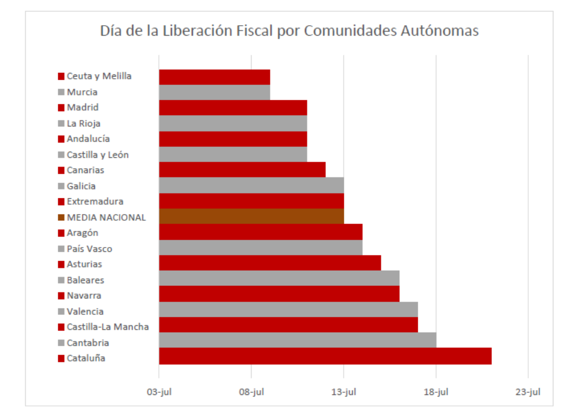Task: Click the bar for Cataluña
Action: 325,356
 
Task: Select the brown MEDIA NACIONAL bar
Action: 251,217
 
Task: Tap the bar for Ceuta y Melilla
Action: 214,77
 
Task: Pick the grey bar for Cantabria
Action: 297,340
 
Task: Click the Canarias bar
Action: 242,169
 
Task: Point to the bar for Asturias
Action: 269,263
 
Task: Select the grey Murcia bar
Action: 214,92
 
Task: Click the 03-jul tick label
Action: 159,392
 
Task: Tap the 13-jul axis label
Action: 343,392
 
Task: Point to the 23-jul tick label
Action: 528,392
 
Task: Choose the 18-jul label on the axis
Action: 436,392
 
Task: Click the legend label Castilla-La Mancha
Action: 107,327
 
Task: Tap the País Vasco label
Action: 89,249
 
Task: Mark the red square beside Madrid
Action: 61,108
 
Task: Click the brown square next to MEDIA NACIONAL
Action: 61,218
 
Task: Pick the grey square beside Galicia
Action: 61,186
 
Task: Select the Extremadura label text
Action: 95,201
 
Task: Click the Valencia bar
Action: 288,309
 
